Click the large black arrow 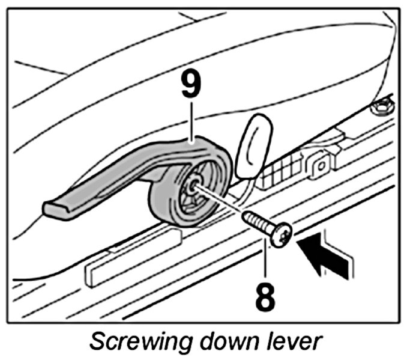pyautogui.click(x=325, y=252)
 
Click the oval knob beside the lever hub pyautogui.click(x=252, y=147)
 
